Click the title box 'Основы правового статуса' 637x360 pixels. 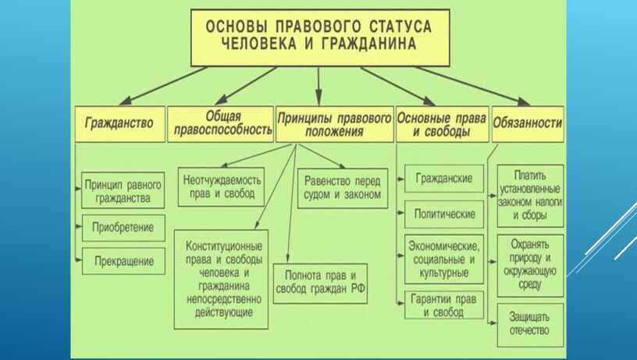point(320,37)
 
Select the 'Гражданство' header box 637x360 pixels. point(120,124)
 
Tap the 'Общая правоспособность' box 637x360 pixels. point(221,124)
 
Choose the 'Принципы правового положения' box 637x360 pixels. point(335,124)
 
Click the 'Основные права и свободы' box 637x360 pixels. point(443,124)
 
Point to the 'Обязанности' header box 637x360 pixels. point(528,124)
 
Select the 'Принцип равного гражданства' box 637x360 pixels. point(123,191)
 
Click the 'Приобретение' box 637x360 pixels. point(123,228)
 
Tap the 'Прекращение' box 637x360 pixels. point(123,261)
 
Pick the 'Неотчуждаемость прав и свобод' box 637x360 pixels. point(222,187)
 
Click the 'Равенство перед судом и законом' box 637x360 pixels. point(343,188)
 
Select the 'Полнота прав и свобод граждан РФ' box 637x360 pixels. point(320,283)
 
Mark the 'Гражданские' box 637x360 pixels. point(444,178)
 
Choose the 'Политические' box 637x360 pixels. point(444,214)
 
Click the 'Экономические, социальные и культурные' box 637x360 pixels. point(444,259)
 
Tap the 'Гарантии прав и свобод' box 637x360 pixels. point(444,305)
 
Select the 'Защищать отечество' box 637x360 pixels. point(530,325)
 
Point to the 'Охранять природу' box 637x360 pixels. point(530,266)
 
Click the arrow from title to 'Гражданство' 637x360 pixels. point(164,85)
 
